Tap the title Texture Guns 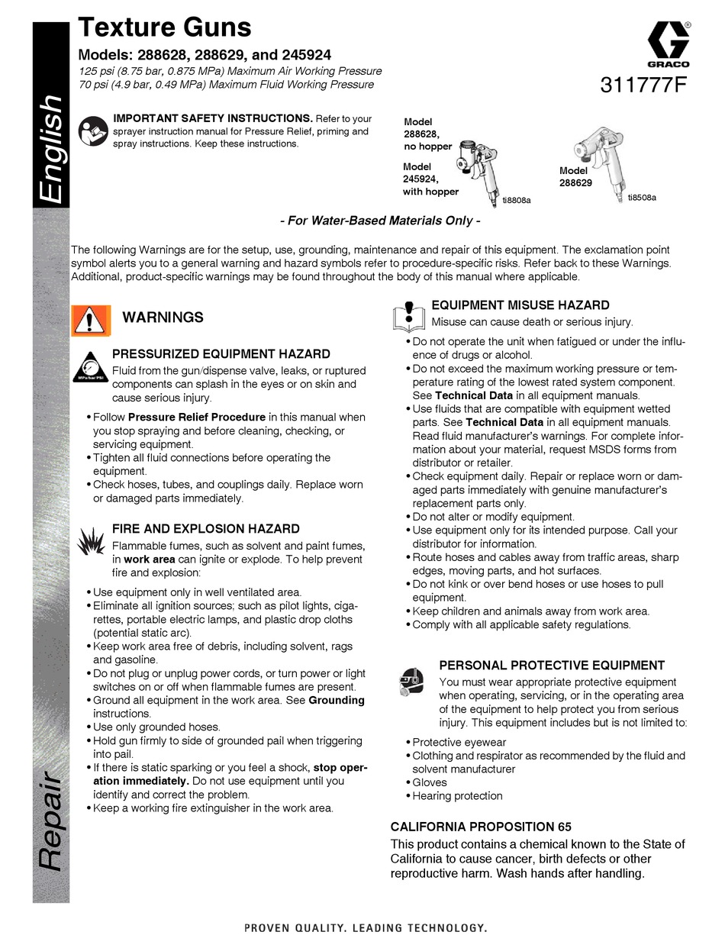coord(165,28)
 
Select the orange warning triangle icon coord(91,320)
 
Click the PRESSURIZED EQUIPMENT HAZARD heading coord(221,354)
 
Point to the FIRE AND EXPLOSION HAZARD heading coord(205,528)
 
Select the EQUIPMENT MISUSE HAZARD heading coord(520,305)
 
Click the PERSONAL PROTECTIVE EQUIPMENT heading coord(552,666)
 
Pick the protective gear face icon coord(412,679)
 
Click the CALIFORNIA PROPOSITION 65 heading coord(481,827)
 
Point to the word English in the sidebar coord(52,149)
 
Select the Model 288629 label coord(575,177)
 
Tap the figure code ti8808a coord(516,200)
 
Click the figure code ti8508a coord(641,198)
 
